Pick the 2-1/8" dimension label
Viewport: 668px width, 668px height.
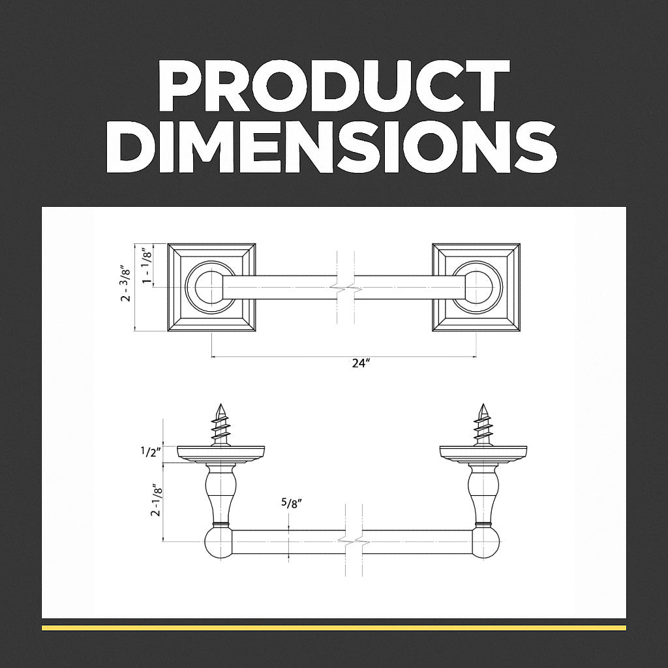(x=155, y=500)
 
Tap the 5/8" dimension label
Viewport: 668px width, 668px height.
(x=292, y=503)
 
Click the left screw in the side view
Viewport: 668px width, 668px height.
(x=220, y=425)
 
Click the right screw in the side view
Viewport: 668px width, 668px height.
(x=483, y=425)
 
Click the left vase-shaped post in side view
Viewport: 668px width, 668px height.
(x=220, y=493)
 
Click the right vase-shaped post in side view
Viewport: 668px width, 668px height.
(x=483, y=493)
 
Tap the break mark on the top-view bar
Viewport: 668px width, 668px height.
(x=344, y=287)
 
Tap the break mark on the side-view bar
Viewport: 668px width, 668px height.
(x=352, y=541)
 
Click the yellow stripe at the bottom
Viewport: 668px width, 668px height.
(x=333, y=628)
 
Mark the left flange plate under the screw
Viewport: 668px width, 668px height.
(x=220, y=453)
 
